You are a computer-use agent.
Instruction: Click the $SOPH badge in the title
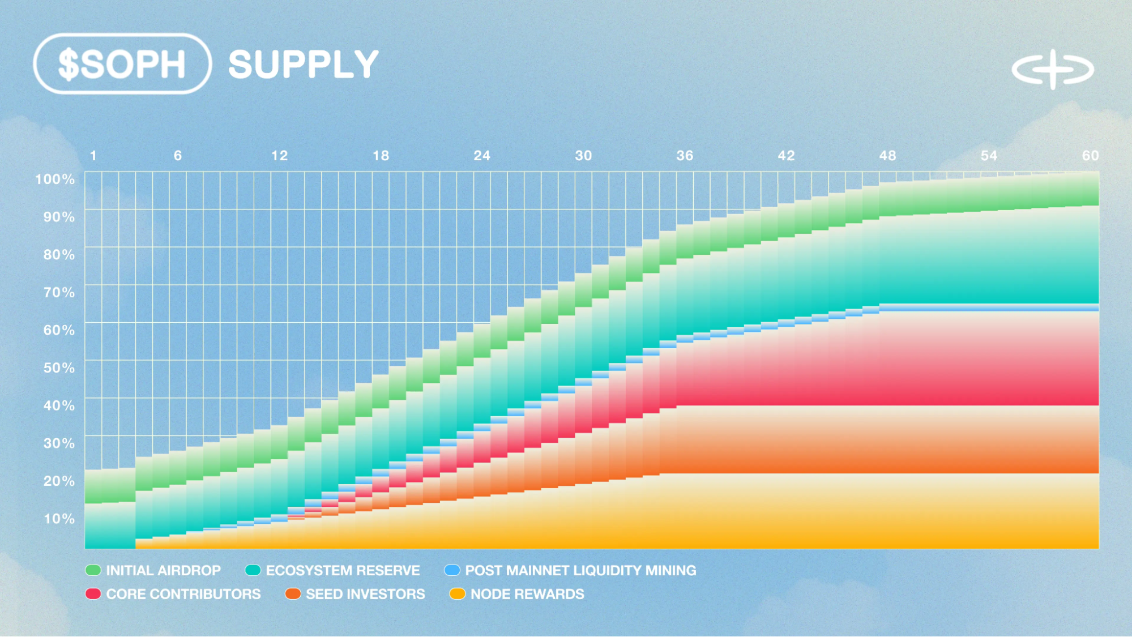tap(122, 64)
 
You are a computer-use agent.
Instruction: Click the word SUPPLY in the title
tap(303, 65)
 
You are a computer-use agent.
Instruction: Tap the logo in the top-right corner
tap(1053, 70)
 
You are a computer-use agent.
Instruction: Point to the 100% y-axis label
tap(55, 179)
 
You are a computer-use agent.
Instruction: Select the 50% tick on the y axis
tap(59, 368)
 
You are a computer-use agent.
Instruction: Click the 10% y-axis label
tap(59, 519)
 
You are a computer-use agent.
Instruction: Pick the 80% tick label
tap(59, 255)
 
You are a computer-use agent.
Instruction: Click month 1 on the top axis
tap(93, 156)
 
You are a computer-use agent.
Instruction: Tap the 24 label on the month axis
tap(482, 156)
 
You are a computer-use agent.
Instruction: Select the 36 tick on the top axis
tap(685, 156)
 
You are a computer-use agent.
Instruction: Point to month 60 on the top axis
tap(1090, 156)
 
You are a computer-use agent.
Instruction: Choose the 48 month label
tap(887, 156)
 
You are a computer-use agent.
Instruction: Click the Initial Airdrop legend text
tap(163, 571)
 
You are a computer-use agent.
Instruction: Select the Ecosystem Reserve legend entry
tap(343, 571)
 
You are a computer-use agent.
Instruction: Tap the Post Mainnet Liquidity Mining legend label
tap(580, 571)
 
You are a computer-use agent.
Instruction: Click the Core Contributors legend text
tap(183, 595)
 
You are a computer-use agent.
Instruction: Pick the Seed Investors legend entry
tap(365, 595)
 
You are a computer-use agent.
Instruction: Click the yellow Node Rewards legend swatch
tap(457, 594)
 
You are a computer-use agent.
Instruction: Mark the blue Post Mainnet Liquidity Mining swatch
tap(452, 570)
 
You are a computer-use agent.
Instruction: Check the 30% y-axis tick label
tap(59, 443)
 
